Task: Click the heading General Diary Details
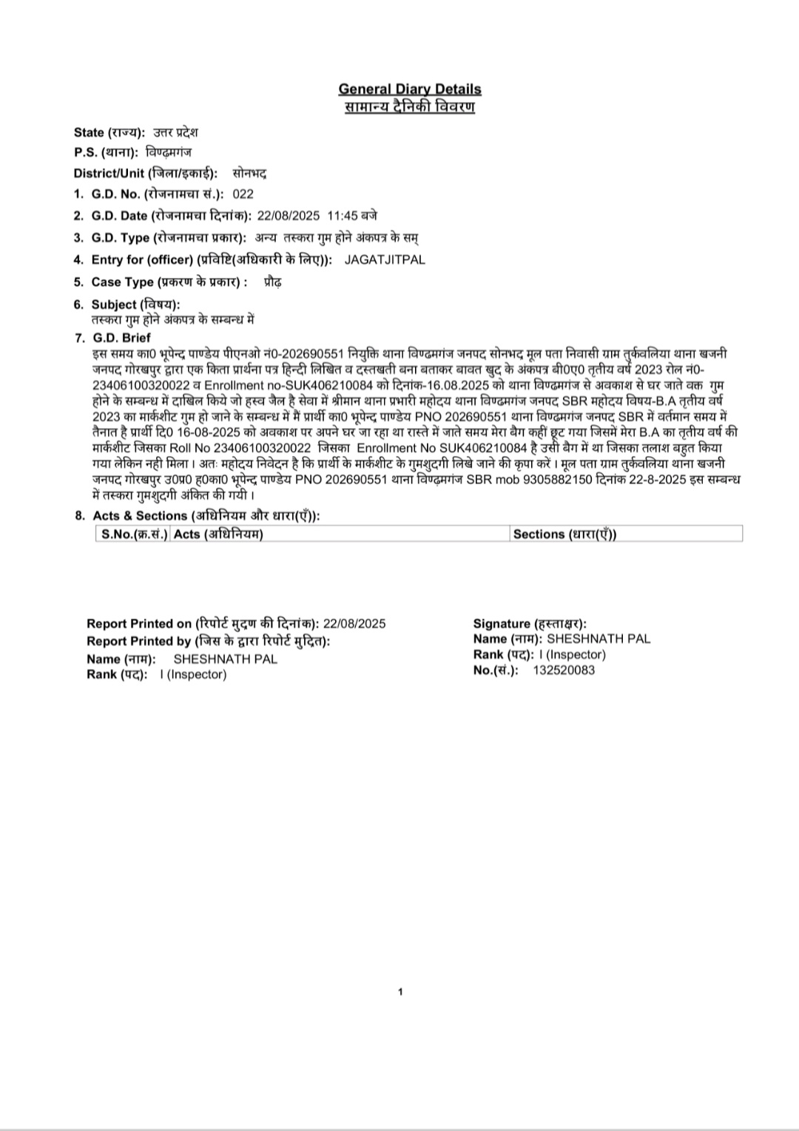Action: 410,89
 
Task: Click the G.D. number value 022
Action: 243,194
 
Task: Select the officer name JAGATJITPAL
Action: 385,259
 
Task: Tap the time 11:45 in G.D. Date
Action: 343,216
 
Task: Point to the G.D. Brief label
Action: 121,338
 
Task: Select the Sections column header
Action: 564,534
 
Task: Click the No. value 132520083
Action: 564,670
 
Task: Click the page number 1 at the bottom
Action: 400,992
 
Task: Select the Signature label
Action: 530,624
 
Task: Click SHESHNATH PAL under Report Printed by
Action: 225,659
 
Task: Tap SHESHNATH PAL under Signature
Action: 599,639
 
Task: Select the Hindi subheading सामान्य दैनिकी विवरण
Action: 410,107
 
